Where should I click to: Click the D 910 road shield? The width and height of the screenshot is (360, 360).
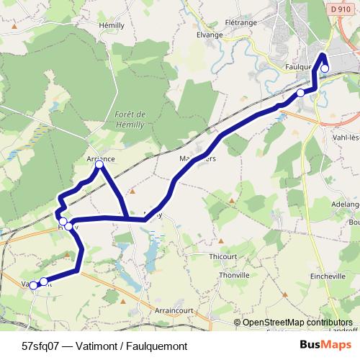click(343, 9)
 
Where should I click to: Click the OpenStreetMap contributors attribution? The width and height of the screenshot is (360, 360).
click(297, 322)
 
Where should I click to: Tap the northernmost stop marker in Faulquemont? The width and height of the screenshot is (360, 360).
click(325, 68)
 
